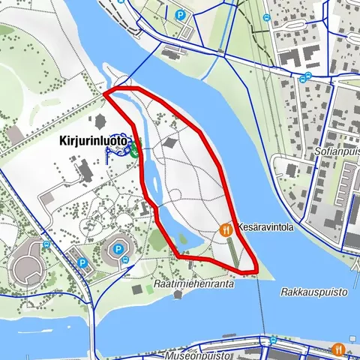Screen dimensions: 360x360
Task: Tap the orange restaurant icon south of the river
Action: (x=338, y=349)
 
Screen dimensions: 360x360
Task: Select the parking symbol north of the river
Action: (x=180, y=14)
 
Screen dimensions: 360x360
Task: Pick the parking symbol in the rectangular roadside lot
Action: (x=82, y=262)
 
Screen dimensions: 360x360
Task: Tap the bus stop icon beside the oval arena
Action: (x=46, y=244)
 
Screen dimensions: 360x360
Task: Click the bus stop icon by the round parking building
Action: (x=124, y=260)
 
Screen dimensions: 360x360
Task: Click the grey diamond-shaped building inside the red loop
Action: (x=171, y=142)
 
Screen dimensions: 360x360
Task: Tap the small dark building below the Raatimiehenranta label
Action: (x=178, y=294)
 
